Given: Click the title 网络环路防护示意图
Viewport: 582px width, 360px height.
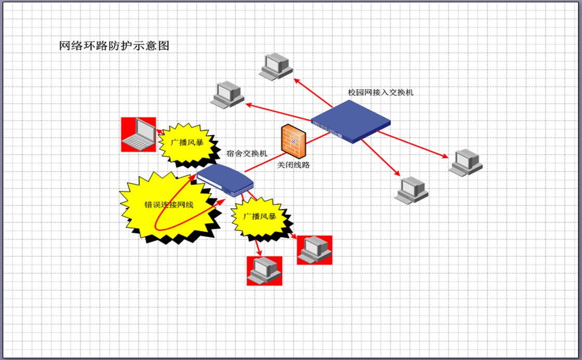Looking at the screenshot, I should [x=114, y=46].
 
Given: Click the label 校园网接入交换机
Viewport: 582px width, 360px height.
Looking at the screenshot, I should [x=381, y=92].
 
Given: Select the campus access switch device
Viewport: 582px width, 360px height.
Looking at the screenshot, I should [x=351, y=122].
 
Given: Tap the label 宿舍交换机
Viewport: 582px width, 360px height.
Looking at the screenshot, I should [x=247, y=153].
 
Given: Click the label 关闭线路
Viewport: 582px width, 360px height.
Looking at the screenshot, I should [x=294, y=165].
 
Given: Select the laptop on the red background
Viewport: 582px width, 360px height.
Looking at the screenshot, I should [x=138, y=134].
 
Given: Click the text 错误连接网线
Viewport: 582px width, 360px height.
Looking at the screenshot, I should [x=168, y=205].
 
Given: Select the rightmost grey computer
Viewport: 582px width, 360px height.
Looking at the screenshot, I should [x=466, y=162].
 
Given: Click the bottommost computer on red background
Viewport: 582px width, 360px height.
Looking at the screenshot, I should [x=264, y=271].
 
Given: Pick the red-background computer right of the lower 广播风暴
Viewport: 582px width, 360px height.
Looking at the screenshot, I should [x=314, y=250].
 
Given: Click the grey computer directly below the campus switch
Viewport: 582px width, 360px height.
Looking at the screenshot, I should [x=412, y=189].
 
